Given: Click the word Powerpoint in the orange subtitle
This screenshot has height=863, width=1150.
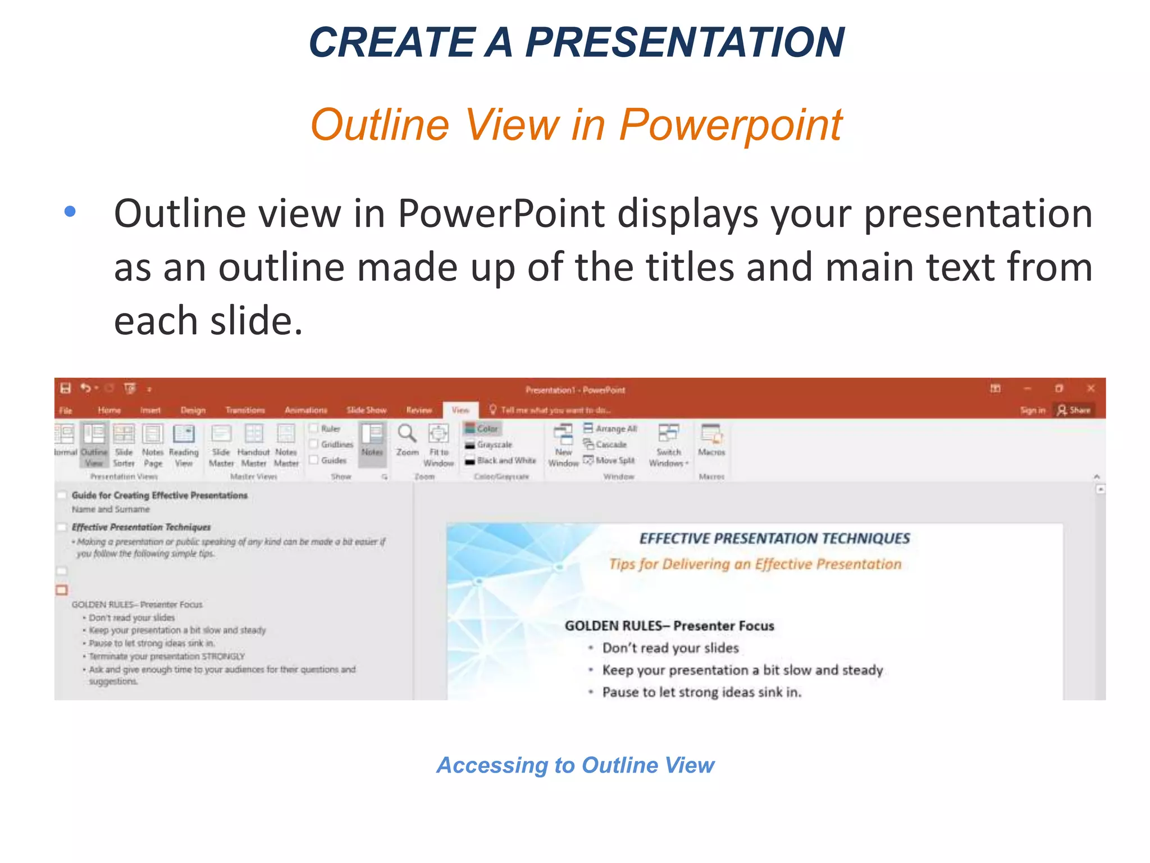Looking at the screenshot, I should tap(730, 125).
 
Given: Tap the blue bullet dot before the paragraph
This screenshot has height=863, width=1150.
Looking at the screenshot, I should tap(70, 212).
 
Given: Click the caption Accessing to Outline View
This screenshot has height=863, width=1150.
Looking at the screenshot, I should tap(575, 765).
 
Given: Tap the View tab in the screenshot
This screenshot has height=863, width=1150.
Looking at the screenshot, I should tap(460, 410).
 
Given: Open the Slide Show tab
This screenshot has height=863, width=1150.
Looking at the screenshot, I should tap(366, 410).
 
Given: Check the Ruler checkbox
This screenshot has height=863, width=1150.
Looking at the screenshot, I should tap(314, 428).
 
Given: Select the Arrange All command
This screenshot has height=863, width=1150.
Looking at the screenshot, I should tap(610, 429).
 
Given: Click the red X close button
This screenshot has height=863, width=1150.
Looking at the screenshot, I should tap(1090, 388).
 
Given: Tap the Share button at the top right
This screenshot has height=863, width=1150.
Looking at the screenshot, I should tap(1074, 410).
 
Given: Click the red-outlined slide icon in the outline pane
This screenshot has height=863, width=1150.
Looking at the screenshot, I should tap(62, 590).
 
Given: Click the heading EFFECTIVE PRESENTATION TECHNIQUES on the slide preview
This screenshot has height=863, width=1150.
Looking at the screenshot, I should tap(774, 538).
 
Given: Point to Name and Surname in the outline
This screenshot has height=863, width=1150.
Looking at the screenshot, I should tap(111, 510).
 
